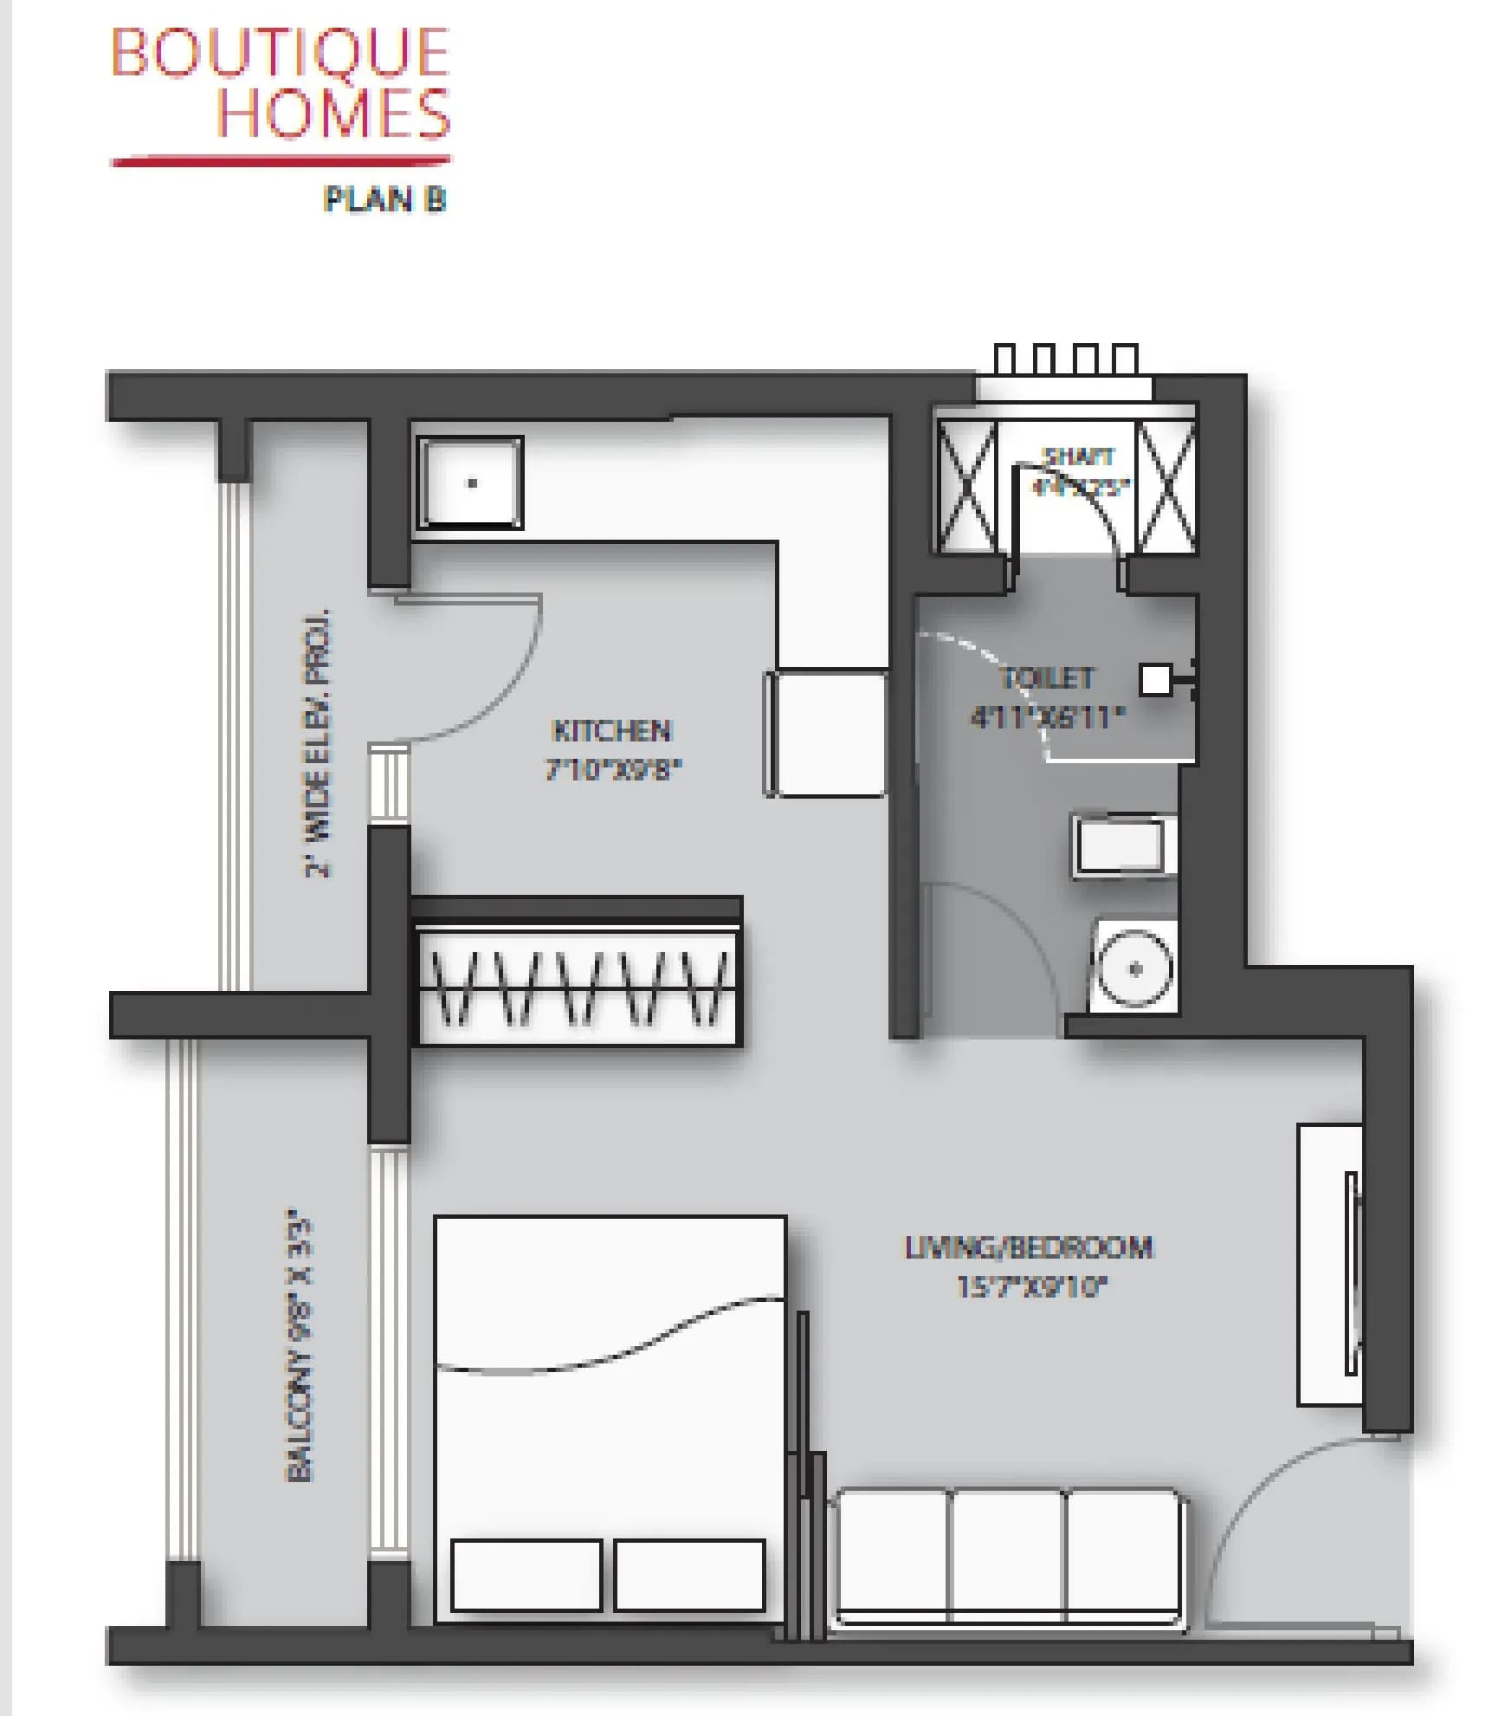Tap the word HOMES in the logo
tap(333, 113)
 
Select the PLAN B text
tap(384, 199)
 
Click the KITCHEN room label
tap(611, 730)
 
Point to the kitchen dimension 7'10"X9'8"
tap(613, 768)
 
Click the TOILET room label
tap(1047, 677)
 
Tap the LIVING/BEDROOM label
tap(1029, 1247)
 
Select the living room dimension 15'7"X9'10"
tap(1030, 1286)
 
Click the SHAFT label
tap(1078, 456)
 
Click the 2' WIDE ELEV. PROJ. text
tap(319, 743)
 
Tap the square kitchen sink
tap(470, 482)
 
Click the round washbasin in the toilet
tap(1134, 968)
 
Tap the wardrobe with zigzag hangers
tap(578, 988)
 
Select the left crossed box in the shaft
tap(966, 486)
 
